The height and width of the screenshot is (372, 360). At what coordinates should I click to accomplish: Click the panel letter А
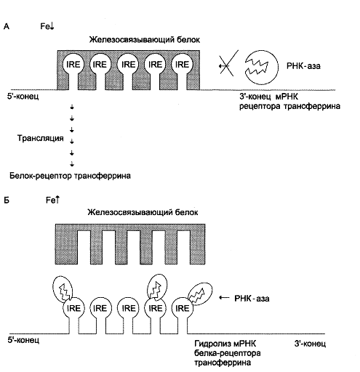(7, 26)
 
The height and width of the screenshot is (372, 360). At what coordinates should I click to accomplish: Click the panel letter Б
(7, 201)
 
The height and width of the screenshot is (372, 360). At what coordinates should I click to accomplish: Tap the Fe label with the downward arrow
(47, 26)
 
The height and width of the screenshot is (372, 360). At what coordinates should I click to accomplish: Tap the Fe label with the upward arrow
(53, 200)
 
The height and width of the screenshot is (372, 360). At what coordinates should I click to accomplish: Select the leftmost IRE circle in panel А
(73, 65)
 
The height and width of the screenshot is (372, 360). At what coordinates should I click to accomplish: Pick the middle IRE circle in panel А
(128, 65)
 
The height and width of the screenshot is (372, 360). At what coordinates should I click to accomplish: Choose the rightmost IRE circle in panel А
(182, 65)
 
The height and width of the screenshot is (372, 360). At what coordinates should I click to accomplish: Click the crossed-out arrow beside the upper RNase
(228, 64)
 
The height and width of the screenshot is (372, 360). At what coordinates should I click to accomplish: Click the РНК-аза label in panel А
(303, 66)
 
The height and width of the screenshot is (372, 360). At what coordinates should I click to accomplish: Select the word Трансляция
(41, 138)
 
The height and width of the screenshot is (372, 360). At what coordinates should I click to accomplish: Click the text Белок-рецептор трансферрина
(70, 176)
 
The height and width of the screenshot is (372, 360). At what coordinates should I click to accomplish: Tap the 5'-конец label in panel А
(23, 97)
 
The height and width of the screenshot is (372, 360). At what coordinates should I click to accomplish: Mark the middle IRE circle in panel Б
(128, 308)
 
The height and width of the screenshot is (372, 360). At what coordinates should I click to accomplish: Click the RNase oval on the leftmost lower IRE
(63, 288)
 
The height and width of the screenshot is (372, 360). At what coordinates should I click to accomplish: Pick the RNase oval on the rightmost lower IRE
(200, 294)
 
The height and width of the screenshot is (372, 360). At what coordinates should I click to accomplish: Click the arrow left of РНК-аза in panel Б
(224, 298)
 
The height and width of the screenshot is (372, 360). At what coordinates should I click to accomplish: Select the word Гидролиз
(212, 344)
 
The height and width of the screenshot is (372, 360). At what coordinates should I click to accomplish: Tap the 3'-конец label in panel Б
(310, 344)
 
